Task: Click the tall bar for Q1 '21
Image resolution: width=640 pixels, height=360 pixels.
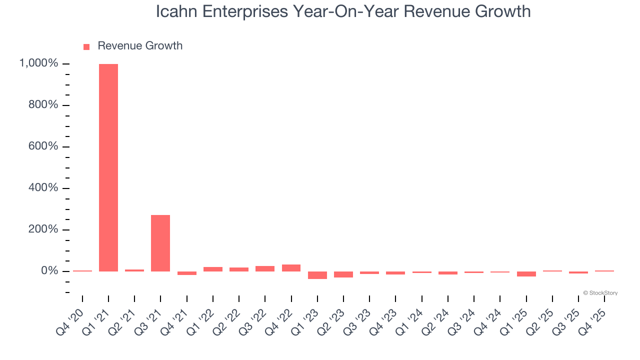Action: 108,167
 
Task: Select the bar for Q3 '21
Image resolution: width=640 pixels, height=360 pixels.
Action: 160,243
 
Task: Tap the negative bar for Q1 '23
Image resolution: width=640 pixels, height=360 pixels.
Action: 317,275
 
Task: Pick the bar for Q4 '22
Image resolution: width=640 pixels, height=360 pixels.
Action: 291,268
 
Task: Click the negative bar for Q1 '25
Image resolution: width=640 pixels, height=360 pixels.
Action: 526,274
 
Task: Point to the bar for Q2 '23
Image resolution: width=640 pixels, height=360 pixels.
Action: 343,274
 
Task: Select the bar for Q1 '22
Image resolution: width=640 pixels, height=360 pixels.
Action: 213,269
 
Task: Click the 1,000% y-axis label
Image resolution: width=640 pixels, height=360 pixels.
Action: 38,63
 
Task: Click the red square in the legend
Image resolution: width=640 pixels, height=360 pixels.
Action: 86,47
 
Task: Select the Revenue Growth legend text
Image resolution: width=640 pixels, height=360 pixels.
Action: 140,46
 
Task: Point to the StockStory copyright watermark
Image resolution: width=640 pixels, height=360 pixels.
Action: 600,293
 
